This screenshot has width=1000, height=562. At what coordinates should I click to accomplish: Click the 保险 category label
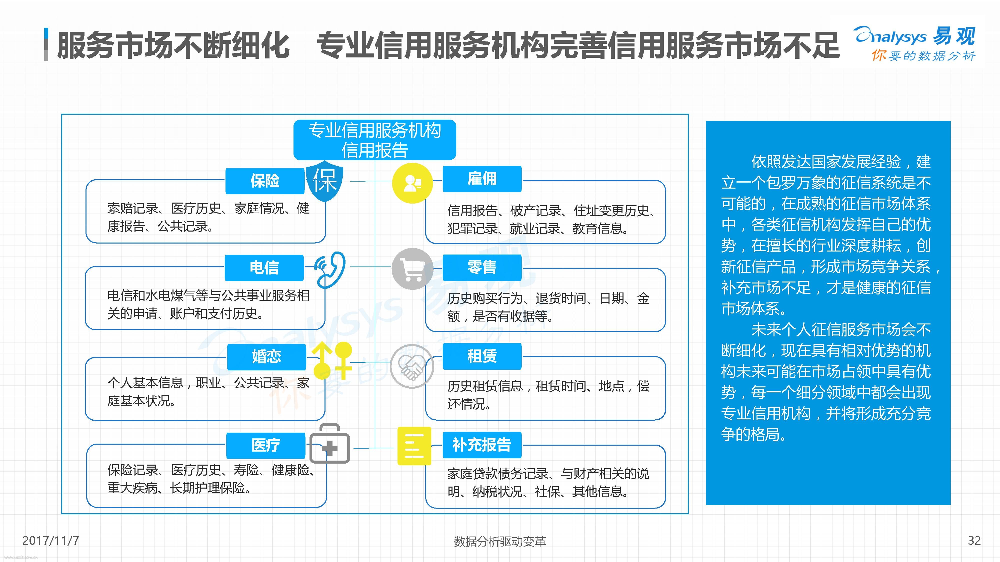(x=265, y=181)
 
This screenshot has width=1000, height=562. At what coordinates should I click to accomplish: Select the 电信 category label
(x=264, y=268)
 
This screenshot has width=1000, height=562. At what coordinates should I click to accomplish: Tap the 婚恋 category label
(x=266, y=356)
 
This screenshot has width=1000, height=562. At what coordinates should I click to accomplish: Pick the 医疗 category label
(x=265, y=445)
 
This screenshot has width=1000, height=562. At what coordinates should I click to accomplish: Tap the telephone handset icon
(x=330, y=270)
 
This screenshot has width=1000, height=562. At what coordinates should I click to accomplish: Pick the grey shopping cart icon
(x=412, y=269)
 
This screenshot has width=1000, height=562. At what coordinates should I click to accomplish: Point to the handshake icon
(x=411, y=366)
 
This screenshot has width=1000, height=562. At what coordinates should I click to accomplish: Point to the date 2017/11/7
(x=51, y=540)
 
